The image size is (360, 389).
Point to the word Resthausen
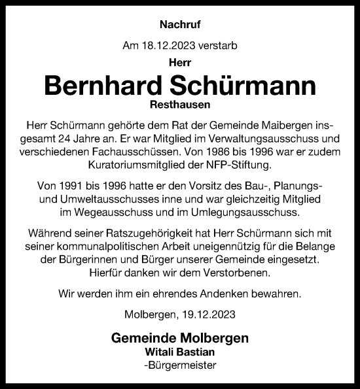(179, 105)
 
